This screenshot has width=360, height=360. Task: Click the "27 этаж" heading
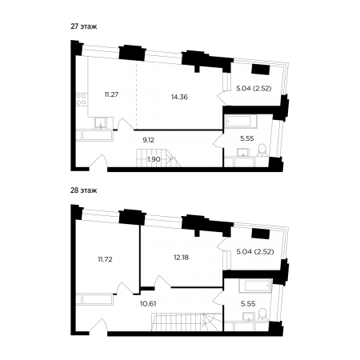click(x=83, y=26)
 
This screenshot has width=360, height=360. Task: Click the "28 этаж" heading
click(x=83, y=190)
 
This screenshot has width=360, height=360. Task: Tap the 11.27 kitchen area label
click(x=111, y=94)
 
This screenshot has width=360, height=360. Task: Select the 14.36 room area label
click(x=179, y=97)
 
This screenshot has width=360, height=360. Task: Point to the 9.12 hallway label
click(x=148, y=140)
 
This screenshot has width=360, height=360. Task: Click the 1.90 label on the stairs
click(x=154, y=159)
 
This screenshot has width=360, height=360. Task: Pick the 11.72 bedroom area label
click(x=105, y=259)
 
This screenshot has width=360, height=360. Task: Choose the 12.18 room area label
click(x=182, y=258)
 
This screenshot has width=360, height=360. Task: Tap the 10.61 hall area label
click(x=148, y=303)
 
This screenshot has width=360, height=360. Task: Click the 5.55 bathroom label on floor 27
click(x=247, y=138)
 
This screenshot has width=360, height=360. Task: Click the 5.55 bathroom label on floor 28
click(x=248, y=303)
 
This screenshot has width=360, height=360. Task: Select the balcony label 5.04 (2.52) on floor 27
click(x=254, y=88)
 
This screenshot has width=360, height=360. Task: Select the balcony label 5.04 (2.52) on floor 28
click(x=255, y=251)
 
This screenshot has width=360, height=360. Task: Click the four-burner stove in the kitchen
click(x=82, y=99)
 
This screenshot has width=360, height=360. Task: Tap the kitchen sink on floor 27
click(x=101, y=123)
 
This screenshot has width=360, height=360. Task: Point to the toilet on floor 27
click(x=262, y=150)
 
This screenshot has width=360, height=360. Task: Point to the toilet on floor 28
click(x=262, y=314)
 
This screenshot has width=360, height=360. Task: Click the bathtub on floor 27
click(x=240, y=122)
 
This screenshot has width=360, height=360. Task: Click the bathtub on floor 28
click(x=255, y=286)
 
